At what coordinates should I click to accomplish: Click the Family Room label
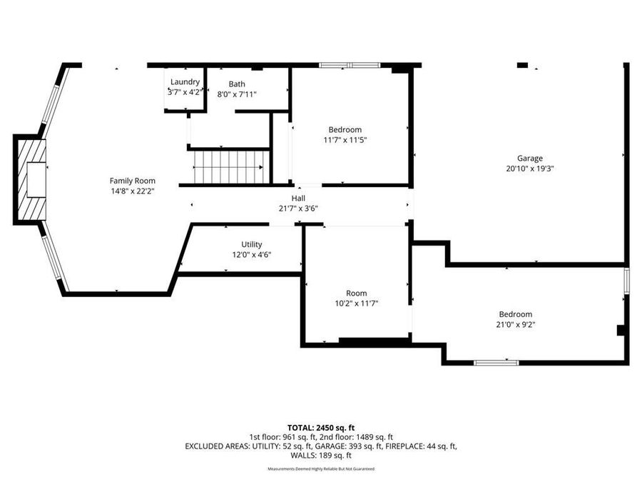[x=132, y=181]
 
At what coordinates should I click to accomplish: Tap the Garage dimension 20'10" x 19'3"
[x=529, y=169]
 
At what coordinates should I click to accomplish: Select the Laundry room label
[x=184, y=82]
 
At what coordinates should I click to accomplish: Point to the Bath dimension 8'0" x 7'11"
[x=236, y=94]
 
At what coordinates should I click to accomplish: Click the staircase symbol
[x=230, y=166]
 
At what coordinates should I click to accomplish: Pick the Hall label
[x=298, y=199]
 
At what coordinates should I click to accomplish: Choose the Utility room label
[x=251, y=244]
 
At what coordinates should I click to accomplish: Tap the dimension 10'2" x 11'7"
[x=357, y=303]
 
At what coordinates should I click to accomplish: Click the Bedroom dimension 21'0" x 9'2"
[x=515, y=325]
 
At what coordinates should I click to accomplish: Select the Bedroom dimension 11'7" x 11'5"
[x=345, y=140]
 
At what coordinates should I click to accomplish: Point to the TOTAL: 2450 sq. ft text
[x=320, y=427]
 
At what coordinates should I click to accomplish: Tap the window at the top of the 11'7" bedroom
[x=350, y=66]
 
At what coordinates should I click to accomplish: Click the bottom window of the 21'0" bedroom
[x=496, y=363]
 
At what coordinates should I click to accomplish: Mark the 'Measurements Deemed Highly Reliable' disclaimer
[x=320, y=469]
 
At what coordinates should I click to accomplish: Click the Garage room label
[x=529, y=159]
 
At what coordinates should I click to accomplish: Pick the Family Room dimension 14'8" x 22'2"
[x=132, y=191]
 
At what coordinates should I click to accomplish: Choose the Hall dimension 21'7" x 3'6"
[x=298, y=209]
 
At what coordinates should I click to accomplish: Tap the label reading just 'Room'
[x=357, y=293]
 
